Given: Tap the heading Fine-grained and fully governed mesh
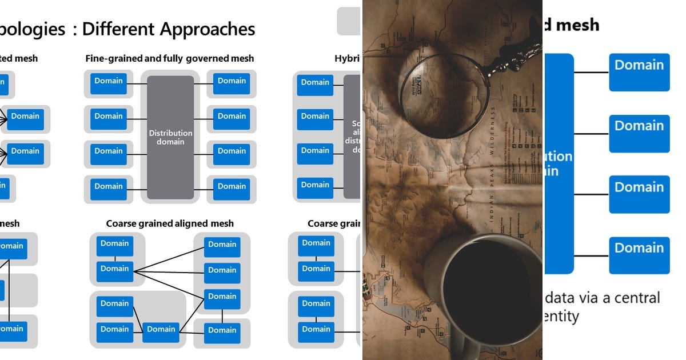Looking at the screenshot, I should [170, 58].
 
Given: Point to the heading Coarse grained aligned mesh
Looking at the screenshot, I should [170, 223].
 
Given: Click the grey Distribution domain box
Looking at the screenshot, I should [170, 137].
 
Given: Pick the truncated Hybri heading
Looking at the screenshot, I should [347, 58].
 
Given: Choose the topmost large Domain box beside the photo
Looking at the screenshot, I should [639, 72].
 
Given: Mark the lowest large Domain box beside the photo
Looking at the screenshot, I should [639, 255].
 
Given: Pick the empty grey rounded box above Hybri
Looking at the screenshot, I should [348, 21].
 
